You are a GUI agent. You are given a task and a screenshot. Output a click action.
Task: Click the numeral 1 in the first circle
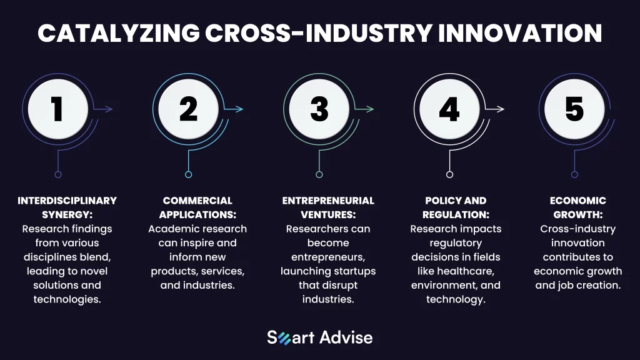57,109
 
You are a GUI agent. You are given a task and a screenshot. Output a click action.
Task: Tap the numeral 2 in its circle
188,109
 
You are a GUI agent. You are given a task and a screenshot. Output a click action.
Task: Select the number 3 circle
319,109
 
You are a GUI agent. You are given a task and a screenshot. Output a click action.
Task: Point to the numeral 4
449,109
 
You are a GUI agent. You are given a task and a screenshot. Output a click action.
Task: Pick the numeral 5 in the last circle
574,109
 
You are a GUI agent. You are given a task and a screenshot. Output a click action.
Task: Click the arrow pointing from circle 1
103,109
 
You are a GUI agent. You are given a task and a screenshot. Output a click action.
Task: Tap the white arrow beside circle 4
495,109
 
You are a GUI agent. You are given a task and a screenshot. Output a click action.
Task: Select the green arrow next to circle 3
364,109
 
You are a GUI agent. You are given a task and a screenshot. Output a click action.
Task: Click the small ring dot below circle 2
188,175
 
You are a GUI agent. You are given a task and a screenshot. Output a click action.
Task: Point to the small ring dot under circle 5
575,175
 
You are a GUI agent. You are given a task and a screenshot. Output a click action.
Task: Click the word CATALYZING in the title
119,33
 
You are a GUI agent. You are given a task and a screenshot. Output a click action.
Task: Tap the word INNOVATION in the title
520,33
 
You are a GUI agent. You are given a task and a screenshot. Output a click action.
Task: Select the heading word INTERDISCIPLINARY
67,201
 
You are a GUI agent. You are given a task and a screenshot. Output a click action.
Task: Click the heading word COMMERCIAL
197,201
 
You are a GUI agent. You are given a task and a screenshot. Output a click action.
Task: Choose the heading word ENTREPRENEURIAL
328,201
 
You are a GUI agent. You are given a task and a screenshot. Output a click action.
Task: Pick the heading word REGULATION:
456,215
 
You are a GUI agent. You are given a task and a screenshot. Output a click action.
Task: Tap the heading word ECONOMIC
578,201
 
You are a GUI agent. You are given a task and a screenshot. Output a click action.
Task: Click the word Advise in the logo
346,337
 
